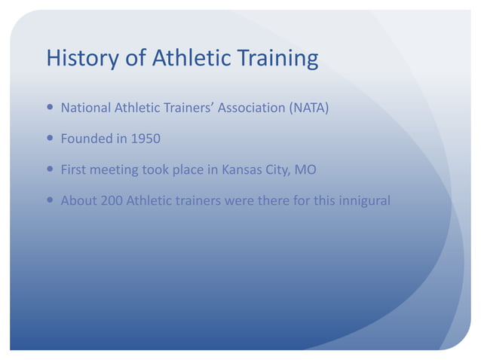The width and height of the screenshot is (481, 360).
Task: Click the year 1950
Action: tap(144, 139)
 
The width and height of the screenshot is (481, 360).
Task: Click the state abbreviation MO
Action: tap(305, 169)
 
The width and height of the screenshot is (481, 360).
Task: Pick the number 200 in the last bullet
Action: tap(112, 200)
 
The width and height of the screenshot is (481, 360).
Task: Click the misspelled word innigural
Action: tap(363, 200)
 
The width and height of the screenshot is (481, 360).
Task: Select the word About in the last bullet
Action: tap(78, 200)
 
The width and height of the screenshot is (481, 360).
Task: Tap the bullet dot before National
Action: tap(50, 108)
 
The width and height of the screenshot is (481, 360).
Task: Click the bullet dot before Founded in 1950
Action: tap(50, 139)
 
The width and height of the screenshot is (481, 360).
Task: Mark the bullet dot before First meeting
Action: tap(50, 169)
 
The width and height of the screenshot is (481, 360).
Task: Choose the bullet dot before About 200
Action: tap(50, 200)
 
